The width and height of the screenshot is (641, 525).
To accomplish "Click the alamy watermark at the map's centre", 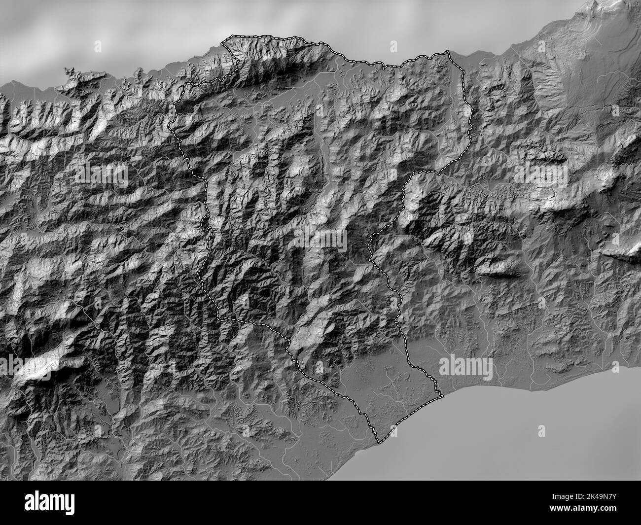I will click(x=320, y=238).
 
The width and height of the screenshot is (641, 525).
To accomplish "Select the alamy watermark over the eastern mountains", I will click(x=540, y=173).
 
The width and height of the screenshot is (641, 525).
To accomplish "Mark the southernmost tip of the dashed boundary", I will click(x=379, y=442).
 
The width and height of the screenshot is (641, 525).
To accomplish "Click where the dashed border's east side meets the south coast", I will click(x=441, y=396).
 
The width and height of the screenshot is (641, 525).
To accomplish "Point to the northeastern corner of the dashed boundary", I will click(x=447, y=51).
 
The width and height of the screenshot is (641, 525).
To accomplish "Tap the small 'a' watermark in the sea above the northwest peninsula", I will click(x=97, y=46).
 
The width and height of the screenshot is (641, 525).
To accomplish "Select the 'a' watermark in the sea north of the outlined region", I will click(x=393, y=46).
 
